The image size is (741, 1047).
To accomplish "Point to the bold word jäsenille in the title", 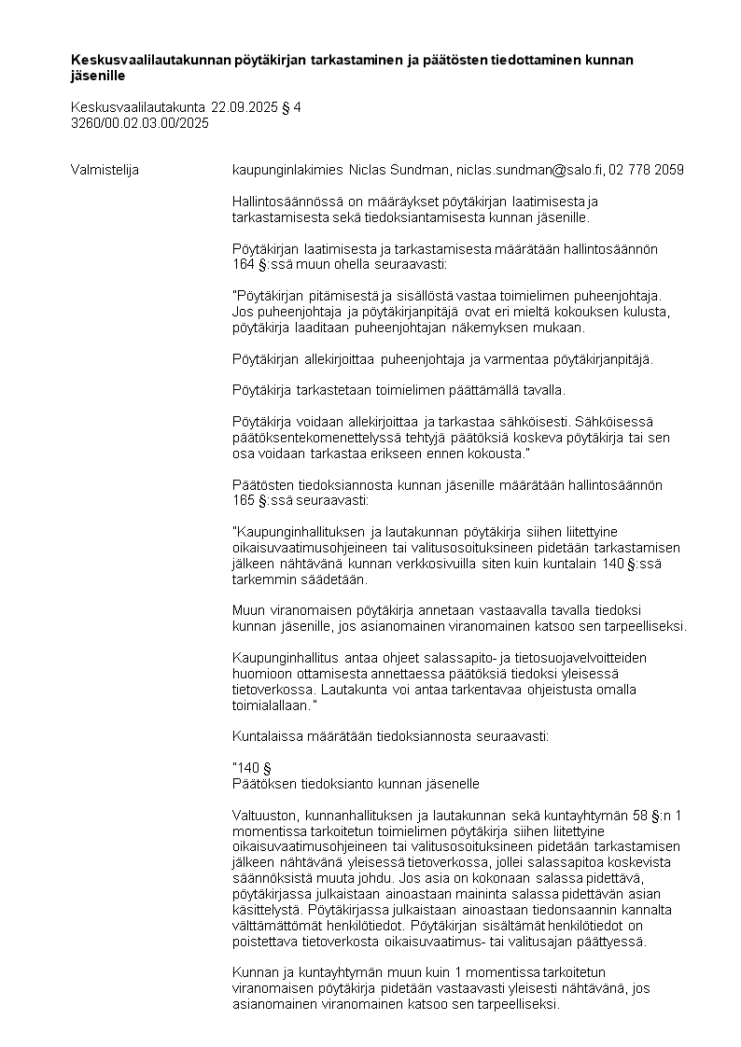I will (x=98, y=75).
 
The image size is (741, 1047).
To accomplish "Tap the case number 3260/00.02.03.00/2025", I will (x=140, y=122).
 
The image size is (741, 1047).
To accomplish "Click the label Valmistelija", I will (x=105, y=170).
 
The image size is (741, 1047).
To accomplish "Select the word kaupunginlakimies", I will (x=287, y=170).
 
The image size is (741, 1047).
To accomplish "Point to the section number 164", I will (x=243, y=264).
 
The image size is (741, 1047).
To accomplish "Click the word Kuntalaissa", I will (x=265, y=735).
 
